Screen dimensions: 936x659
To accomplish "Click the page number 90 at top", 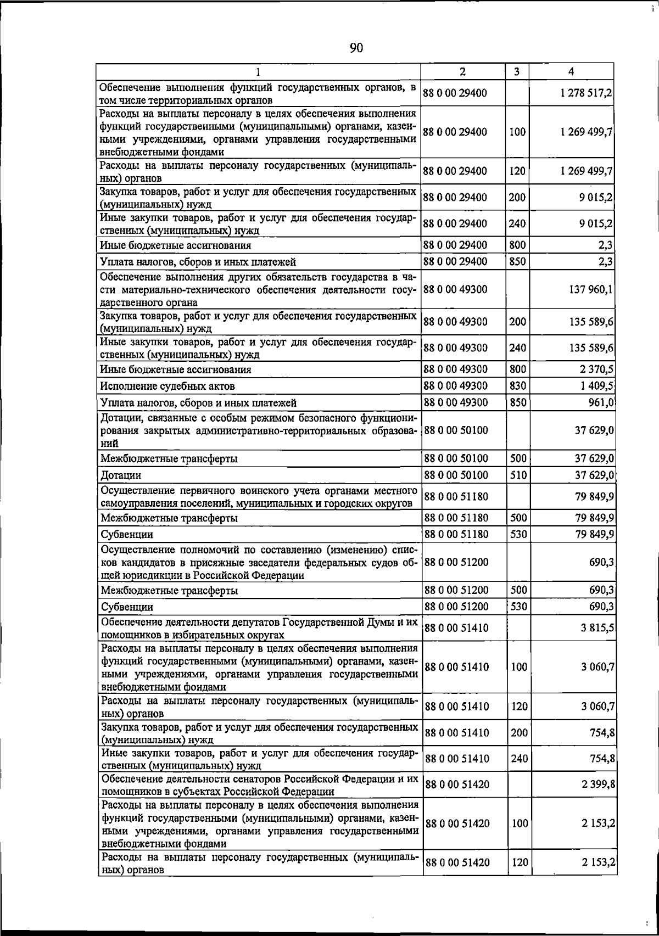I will [356, 48].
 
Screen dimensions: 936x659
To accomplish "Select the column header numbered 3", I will [517, 71].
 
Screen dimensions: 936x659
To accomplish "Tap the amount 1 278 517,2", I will [586, 93].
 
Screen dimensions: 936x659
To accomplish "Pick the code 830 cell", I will [517, 385].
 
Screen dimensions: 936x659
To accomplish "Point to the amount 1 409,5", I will [597, 385].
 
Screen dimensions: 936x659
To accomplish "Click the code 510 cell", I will [517, 474].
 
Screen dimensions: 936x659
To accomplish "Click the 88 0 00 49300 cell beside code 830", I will [456, 385].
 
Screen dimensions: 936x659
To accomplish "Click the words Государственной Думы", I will [338, 623].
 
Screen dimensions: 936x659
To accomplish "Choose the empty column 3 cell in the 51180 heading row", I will [517, 497].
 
